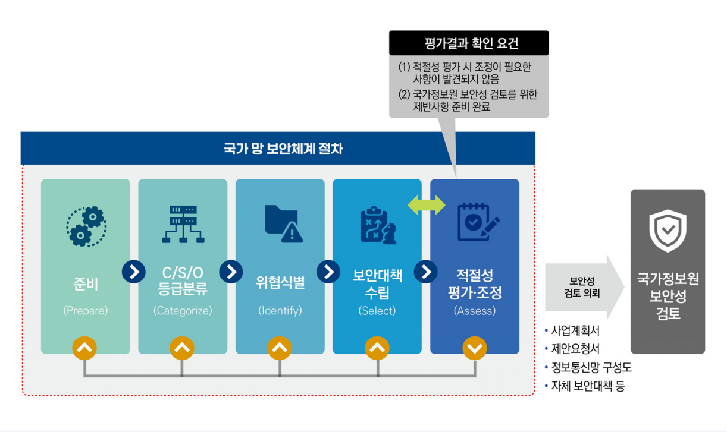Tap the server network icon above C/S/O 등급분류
183,224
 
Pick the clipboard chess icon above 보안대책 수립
377,225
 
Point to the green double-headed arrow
426,204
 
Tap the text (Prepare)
86,310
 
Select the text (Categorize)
183,310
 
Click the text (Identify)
280,310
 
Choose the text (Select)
377,310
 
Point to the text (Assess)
474,310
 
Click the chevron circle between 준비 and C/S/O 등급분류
134,272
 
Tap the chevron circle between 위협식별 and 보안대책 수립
328,272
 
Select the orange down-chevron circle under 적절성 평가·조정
475,348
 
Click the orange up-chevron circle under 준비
85,348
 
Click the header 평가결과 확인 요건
469,43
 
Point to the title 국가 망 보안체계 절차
278,148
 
